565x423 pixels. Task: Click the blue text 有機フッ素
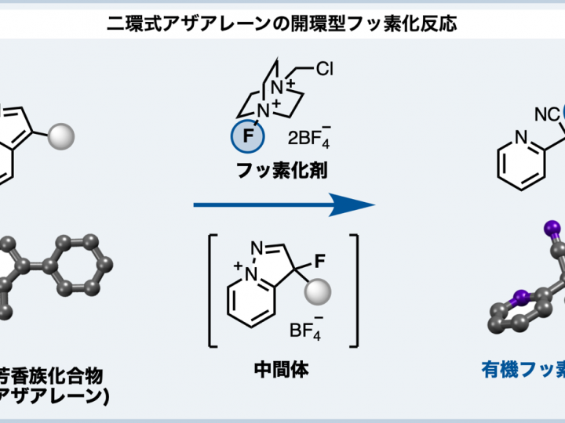pyautogui.click(x=521, y=368)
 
